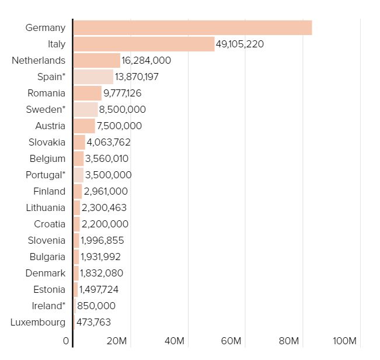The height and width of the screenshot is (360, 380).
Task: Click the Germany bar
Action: tap(193, 28)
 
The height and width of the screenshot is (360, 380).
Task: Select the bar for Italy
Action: tap(144, 44)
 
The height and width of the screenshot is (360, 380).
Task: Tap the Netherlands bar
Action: tap(97, 60)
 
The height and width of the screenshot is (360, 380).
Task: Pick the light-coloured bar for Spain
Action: tap(93, 77)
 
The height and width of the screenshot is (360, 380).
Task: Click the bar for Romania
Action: tap(88, 93)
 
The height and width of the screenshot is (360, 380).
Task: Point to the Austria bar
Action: tap(84, 126)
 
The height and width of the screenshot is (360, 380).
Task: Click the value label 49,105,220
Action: tap(240, 44)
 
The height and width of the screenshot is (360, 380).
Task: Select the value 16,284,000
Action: tap(146, 60)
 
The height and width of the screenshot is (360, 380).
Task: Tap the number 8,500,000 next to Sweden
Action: tap(123, 110)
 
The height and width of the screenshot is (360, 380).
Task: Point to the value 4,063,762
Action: tap(109, 143)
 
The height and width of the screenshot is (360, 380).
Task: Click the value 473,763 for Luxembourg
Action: tap(93, 323)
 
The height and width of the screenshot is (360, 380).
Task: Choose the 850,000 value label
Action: tap(96, 306)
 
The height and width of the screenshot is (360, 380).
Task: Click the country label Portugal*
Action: tap(46, 175)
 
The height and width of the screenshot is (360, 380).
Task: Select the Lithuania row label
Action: tap(46, 208)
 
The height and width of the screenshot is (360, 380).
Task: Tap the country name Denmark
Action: tap(46, 274)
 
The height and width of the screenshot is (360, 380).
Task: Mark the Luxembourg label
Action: tap(38, 323)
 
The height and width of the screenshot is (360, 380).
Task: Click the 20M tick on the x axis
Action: tap(117, 341)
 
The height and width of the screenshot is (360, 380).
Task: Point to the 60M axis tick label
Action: tap(231, 341)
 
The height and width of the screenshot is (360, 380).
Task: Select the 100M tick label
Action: tap(344, 341)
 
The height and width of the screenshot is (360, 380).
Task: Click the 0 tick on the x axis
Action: tap(66, 341)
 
